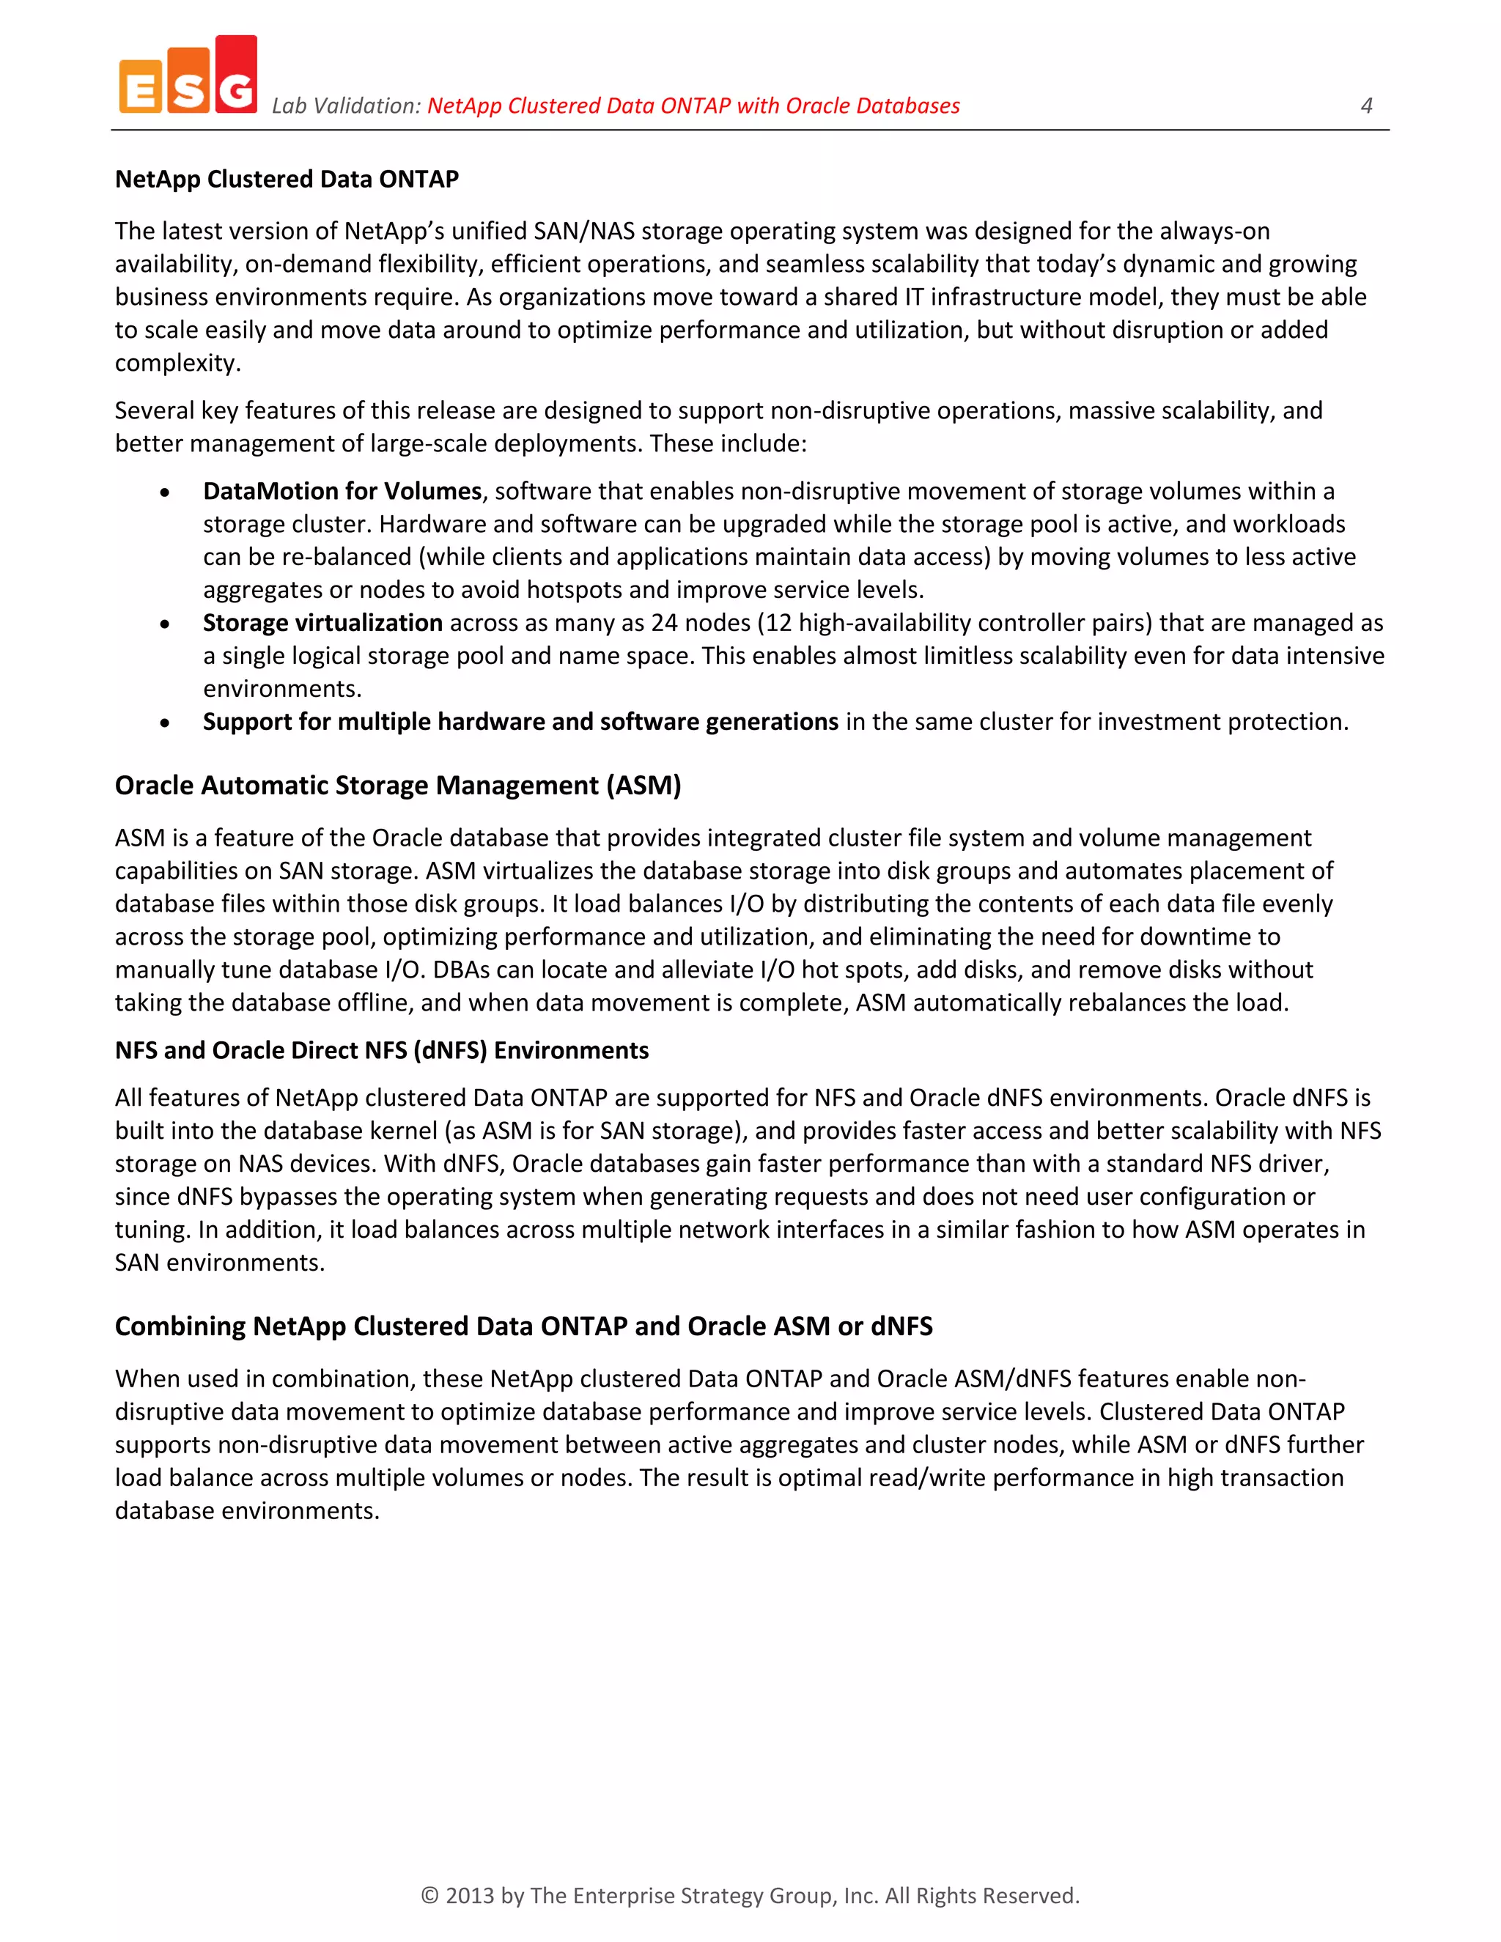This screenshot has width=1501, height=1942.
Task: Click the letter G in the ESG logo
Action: pos(236,89)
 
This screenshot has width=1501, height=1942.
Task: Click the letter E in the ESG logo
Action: pos(141,89)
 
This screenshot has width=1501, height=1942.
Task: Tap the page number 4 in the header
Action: pos(1367,106)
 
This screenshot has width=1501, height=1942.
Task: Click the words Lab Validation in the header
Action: pos(345,106)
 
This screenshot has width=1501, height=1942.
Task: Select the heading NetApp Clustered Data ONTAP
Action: pos(287,179)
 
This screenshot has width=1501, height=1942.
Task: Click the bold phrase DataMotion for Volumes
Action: pos(342,491)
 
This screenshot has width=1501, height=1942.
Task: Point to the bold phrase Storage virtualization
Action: pos(322,622)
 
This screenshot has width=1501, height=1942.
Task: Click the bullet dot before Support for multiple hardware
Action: pos(164,723)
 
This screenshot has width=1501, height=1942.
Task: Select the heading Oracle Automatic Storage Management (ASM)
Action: pos(397,785)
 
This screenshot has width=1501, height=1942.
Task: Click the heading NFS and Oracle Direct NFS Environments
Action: pos(381,1050)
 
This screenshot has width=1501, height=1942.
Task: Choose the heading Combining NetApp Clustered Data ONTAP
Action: pos(523,1326)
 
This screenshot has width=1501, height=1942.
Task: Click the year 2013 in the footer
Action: pos(470,1895)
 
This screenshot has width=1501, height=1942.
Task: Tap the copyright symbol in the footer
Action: pos(429,1895)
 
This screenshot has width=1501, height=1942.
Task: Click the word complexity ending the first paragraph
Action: pos(177,363)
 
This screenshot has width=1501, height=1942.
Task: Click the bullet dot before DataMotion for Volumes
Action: pos(164,492)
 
